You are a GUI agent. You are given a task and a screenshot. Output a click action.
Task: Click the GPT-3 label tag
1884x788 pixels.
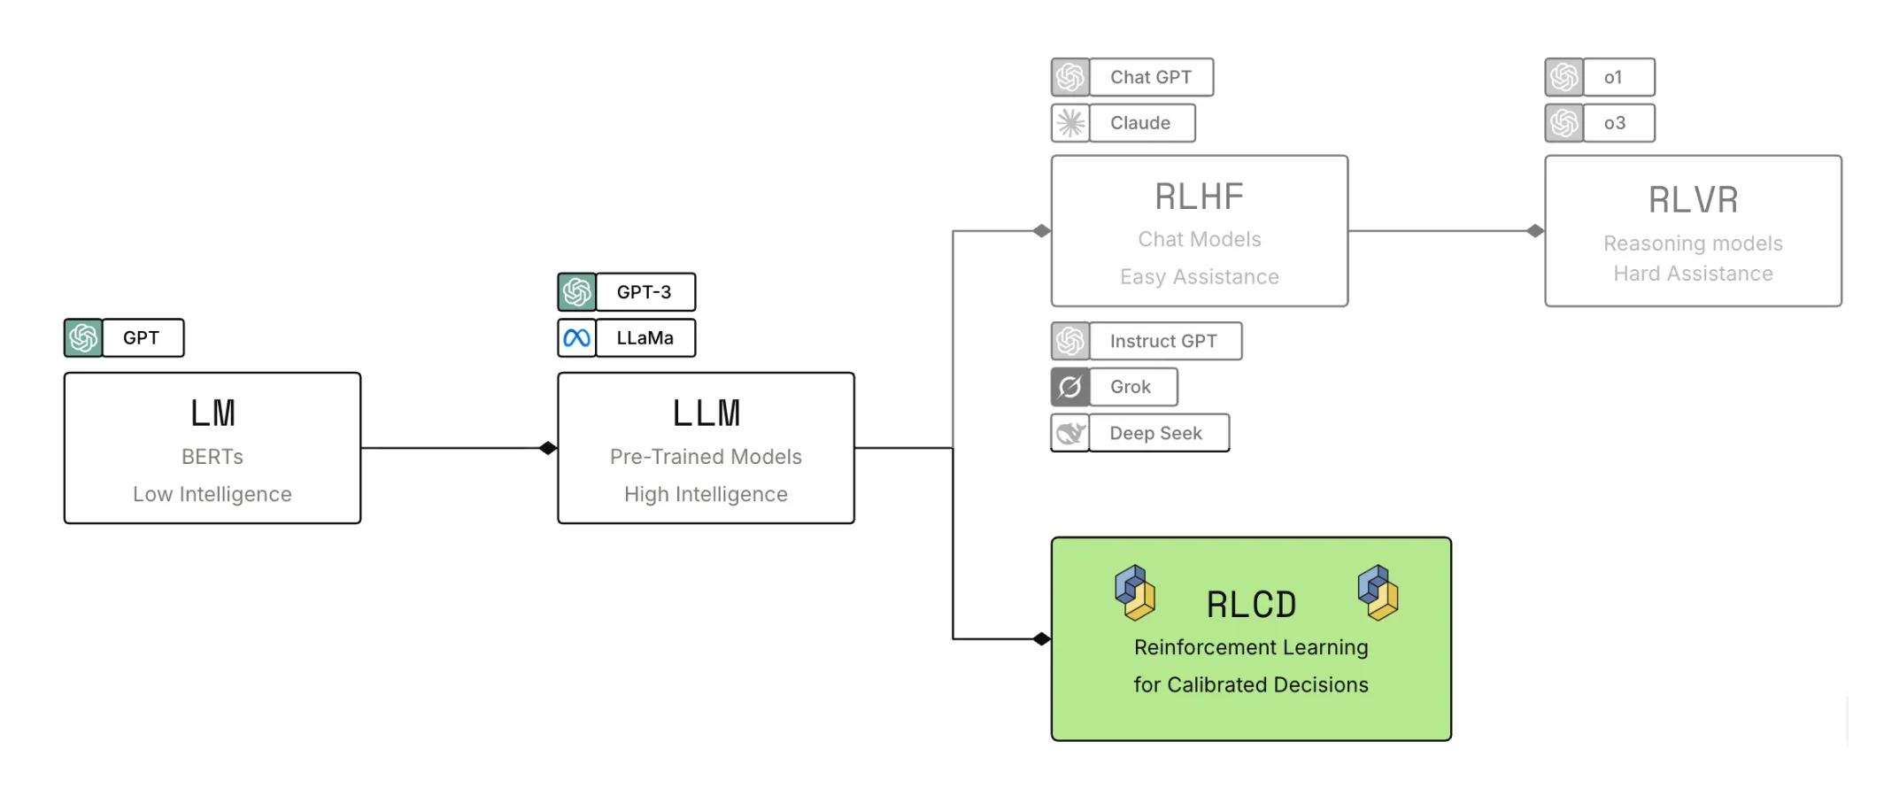(645, 292)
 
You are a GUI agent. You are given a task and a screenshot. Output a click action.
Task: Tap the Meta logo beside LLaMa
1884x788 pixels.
(577, 338)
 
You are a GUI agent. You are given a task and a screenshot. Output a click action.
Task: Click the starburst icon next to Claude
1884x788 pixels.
(1070, 123)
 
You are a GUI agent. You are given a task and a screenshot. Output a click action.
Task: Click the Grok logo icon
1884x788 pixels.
(1070, 387)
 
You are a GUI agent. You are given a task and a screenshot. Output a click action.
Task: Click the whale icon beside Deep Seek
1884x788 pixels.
(1070, 433)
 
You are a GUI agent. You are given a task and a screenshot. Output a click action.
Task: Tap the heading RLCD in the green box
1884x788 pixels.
(1251, 605)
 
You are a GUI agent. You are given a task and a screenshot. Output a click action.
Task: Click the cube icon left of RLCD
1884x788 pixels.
(1135, 592)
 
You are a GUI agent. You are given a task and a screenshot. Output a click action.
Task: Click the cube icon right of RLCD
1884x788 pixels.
(1378, 592)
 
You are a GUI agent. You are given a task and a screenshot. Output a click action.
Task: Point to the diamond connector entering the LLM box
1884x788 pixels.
(548, 448)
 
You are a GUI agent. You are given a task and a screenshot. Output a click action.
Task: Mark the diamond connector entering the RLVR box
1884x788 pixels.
(1535, 231)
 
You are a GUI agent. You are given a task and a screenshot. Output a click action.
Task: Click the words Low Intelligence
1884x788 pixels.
(212, 494)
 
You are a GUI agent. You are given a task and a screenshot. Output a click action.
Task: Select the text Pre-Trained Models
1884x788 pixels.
(706, 457)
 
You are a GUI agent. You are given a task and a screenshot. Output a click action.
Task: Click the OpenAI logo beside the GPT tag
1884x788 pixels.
(83, 338)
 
